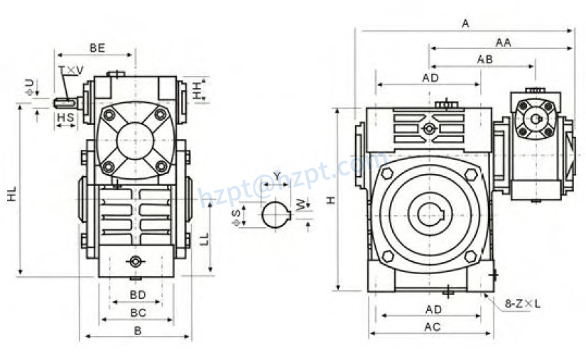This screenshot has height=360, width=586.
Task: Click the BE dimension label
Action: click(x=97, y=48)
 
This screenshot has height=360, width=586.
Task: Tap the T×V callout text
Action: click(x=71, y=70)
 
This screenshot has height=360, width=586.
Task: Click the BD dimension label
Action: click(x=138, y=294)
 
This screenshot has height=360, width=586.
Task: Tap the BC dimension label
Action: click(x=138, y=312)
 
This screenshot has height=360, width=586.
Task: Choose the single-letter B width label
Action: click(x=138, y=331)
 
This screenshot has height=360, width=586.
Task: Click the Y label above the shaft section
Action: click(x=276, y=175)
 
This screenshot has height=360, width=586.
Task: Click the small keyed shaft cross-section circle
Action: click(x=275, y=214)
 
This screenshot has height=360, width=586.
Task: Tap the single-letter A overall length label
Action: click(x=465, y=24)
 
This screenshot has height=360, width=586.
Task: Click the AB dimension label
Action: click(x=484, y=60)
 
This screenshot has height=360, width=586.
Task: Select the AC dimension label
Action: click(x=432, y=327)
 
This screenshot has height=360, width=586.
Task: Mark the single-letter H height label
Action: click(x=330, y=201)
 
